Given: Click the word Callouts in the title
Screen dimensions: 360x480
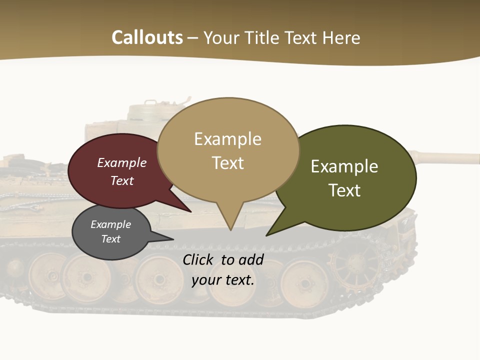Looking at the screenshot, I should click(147, 37).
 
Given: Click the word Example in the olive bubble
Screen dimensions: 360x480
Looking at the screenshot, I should click(344, 166).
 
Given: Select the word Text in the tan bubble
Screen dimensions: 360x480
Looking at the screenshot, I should click(228, 163).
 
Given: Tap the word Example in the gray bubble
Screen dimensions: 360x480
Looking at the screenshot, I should click(110, 224).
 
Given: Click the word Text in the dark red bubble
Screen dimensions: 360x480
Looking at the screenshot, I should click(122, 180).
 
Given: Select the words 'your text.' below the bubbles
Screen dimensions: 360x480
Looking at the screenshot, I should click(223, 280).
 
